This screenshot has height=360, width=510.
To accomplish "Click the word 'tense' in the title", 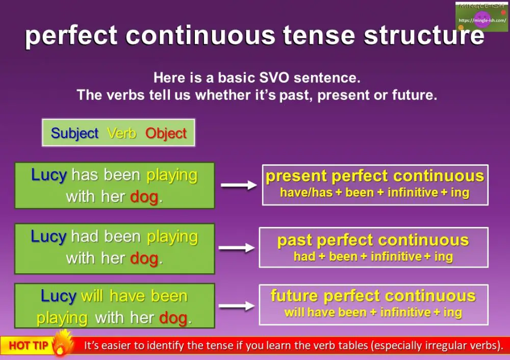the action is (x=319, y=35).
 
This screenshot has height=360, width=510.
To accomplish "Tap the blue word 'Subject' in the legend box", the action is (x=74, y=133).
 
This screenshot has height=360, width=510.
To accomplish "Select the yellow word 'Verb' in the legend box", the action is (x=122, y=133).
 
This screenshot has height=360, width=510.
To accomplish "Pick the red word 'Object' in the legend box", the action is (x=166, y=133).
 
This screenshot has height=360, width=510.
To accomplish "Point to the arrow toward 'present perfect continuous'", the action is (x=239, y=185).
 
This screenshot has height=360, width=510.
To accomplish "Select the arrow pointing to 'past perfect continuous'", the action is (x=237, y=248).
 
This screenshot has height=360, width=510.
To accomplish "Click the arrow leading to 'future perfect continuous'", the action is (x=237, y=305).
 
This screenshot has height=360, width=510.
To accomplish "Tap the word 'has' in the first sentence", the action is (x=85, y=175).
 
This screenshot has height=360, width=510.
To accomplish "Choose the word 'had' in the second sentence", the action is (x=85, y=237).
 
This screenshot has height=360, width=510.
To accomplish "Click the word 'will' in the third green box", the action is (x=92, y=296).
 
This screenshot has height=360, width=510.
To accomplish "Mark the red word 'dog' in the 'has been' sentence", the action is (x=144, y=197).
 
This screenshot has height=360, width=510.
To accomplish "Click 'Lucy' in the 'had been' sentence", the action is (x=48, y=237).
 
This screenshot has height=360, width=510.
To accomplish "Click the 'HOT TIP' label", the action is (x=28, y=345).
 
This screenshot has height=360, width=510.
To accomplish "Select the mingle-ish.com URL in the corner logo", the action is (x=482, y=20).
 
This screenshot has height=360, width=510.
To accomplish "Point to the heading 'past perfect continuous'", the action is (x=373, y=241).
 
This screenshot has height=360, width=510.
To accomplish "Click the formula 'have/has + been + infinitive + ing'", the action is (x=375, y=193).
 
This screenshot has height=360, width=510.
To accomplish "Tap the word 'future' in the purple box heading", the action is (x=294, y=296).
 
